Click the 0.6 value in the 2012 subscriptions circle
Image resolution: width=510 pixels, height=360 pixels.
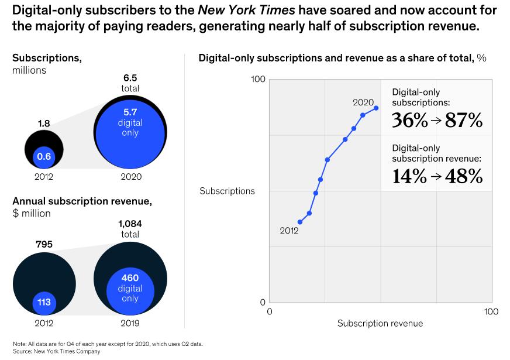click(x=44, y=156)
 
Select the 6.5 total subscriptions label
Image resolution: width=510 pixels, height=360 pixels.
click(x=130, y=77)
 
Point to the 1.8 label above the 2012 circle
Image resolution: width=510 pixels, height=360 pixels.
click(x=44, y=124)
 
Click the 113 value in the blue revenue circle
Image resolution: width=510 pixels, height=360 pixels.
click(x=44, y=303)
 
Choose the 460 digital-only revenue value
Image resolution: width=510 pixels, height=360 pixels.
click(x=130, y=278)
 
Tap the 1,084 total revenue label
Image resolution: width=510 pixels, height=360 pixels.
click(x=130, y=224)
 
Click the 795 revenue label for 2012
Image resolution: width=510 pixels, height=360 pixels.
click(x=44, y=244)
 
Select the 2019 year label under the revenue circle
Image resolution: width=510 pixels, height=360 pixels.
click(x=130, y=323)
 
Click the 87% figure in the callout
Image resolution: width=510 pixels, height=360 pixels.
click(x=464, y=121)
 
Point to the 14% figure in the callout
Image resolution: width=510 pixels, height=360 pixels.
click(x=409, y=176)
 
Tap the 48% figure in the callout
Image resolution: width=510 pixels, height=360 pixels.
click(x=464, y=176)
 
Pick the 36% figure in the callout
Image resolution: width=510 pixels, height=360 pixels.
click(x=409, y=121)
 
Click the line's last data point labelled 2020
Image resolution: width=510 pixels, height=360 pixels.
click(x=376, y=108)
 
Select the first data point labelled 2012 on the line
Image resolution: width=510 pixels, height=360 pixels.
click(x=300, y=222)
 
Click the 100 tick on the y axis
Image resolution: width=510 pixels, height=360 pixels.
click(x=259, y=79)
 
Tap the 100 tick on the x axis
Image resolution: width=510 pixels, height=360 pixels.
click(x=491, y=311)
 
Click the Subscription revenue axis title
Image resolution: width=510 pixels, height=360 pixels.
click(x=380, y=323)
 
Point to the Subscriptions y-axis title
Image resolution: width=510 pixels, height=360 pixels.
click(x=227, y=191)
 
